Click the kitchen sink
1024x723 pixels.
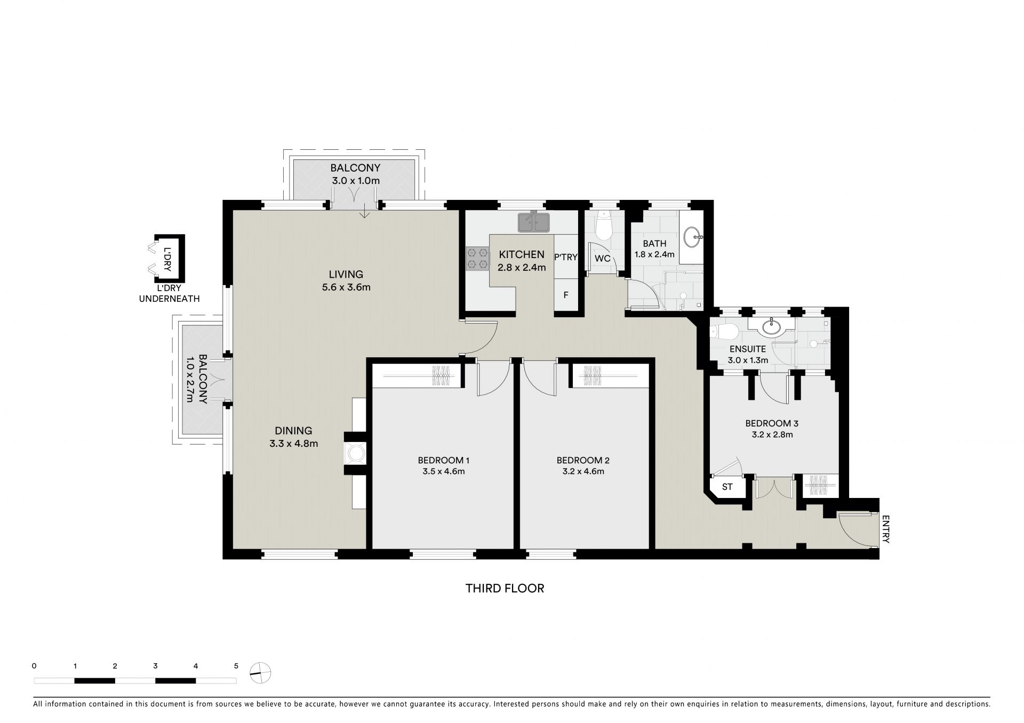click(x=533, y=222)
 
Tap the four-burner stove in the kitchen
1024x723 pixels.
click(x=478, y=259)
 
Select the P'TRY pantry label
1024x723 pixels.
click(x=566, y=257)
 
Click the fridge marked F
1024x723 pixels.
click(x=566, y=294)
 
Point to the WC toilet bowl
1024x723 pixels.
click(x=604, y=226)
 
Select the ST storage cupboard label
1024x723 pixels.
click(x=727, y=487)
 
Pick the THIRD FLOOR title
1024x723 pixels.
click(x=505, y=589)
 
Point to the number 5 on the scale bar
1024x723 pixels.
click(x=236, y=666)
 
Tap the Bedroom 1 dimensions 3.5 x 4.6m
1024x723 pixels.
click(x=443, y=471)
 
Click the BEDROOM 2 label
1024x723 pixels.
click(x=582, y=460)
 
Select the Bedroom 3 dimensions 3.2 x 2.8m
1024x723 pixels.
click(x=771, y=435)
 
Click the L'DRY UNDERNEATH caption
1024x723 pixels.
click(x=169, y=294)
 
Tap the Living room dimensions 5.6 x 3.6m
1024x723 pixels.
click(x=346, y=287)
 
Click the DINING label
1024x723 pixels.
click(x=293, y=431)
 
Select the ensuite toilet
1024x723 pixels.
click(x=724, y=332)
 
